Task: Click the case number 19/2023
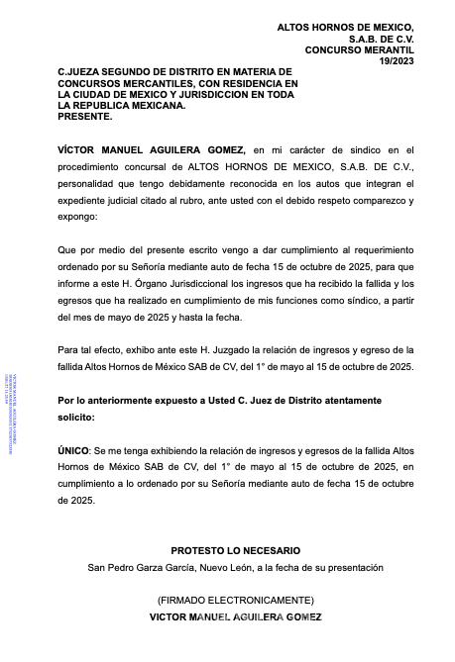pos(396,60)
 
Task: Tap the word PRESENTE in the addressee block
pos(85,116)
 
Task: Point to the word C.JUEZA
pos(80,72)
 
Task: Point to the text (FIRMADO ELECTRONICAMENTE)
pos(236,600)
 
